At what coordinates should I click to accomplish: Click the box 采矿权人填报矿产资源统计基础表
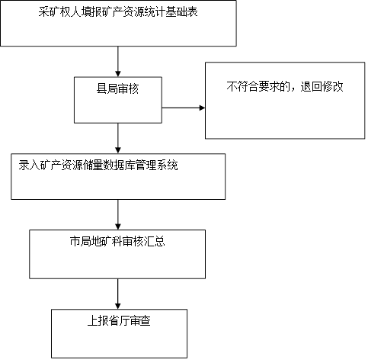point(118,23)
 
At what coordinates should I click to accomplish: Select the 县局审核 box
point(118,100)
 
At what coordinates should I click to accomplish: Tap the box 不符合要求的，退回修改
point(285,101)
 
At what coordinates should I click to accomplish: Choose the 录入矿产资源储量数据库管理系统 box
point(118,176)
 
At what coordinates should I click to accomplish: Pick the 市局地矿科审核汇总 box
point(117,254)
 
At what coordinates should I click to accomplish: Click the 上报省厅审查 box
point(119,333)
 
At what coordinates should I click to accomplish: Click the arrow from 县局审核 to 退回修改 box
point(184,108)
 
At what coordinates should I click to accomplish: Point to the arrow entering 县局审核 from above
point(118,62)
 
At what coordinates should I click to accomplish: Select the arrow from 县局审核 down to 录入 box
point(118,138)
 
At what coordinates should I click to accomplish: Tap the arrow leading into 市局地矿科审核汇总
point(118,214)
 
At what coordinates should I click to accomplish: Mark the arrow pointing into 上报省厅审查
point(118,294)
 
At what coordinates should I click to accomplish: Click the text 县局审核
point(117,89)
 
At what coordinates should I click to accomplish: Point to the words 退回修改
point(322,87)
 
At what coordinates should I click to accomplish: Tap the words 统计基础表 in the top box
point(171,11)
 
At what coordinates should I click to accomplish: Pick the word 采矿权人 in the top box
point(59,11)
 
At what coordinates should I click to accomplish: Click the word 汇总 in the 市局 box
point(155,241)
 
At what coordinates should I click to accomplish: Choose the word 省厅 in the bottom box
point(119,320)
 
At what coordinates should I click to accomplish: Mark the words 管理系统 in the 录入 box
point(157,166)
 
